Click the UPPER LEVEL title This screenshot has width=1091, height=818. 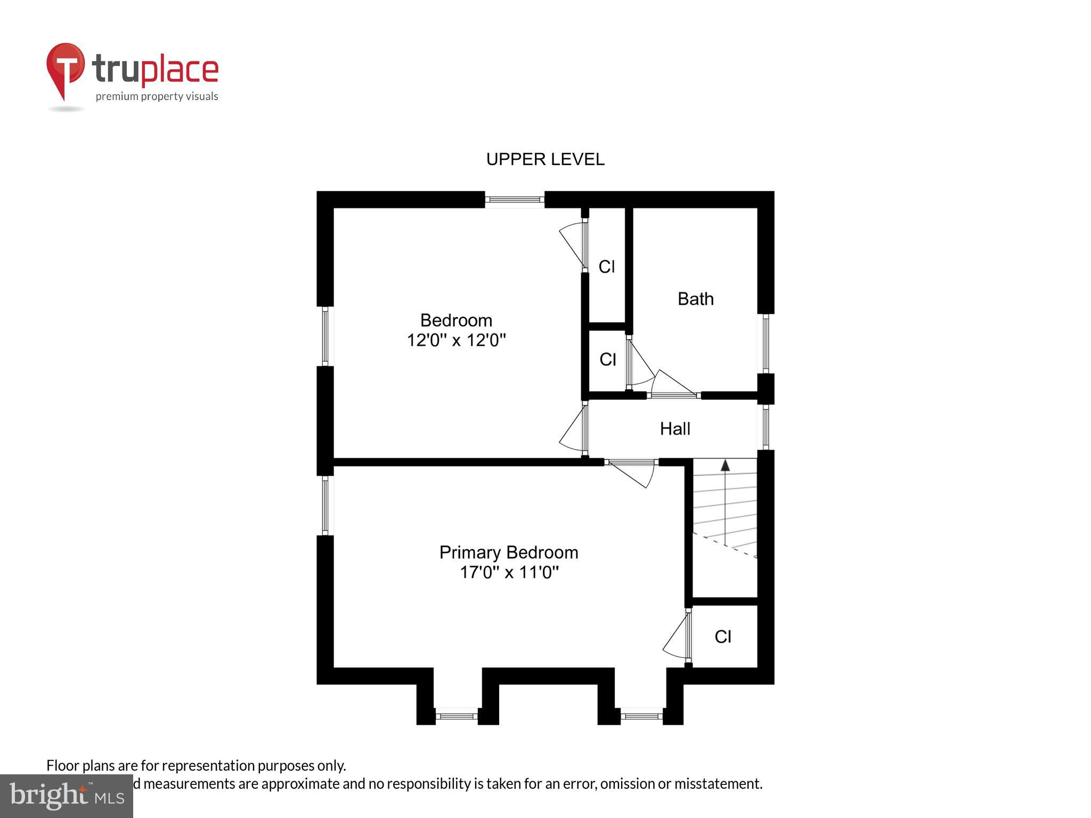click(545, 159)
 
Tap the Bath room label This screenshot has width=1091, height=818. click(695, 299)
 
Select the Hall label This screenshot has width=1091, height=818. click(675, 429)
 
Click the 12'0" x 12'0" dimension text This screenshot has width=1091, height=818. click(456, 340)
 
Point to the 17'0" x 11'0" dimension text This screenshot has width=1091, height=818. click(509, 572)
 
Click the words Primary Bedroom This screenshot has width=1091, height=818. click(509, 552)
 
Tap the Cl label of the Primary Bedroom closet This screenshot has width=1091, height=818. click(723, 636)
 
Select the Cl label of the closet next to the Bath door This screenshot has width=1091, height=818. click(607, 359)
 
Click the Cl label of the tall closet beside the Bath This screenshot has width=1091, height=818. click(607, 266)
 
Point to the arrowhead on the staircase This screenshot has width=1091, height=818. click(725, 465)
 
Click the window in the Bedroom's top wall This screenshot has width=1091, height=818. click(515, 200)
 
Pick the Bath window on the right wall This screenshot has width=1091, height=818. click(766, 343)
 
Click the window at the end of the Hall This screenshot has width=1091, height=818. click(766, 427)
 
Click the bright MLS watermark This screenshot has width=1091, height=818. click(67, 796)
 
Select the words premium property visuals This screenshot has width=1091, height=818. click(157, 96)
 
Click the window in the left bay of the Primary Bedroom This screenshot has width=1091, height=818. click(457, 716)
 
